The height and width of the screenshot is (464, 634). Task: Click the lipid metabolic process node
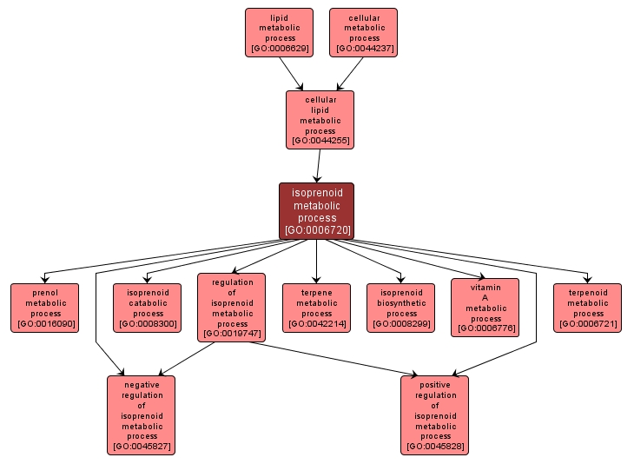[x=278, y=32]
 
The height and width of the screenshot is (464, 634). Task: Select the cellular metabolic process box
[x=363, y=32]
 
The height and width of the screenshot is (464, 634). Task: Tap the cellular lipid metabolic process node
[x=320, y=119]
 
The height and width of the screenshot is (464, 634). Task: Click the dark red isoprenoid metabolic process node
[x=316, y=210]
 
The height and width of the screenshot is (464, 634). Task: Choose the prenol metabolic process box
[x=45, y=308]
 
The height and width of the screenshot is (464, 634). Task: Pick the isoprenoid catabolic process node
[x=148, y=308]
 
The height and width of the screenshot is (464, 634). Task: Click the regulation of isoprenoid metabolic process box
[x=232, y=307]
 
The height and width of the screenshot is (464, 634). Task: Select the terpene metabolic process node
[x=316, y=308]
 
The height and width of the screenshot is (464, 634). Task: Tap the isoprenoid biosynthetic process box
[x=401, y=308]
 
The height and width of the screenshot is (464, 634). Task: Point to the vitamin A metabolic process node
[x=485, y=307]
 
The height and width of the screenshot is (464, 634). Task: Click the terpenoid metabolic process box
[x=588, y=308]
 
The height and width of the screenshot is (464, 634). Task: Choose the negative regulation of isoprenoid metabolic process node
[x=142, y=414]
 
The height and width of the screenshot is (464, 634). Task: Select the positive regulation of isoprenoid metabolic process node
[x=434, y=414]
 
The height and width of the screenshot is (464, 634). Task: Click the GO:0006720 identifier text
[x=316, y=230]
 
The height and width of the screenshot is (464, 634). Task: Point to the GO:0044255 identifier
[x=320, y=140]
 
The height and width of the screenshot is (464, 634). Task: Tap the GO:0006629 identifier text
[x=278, y=49]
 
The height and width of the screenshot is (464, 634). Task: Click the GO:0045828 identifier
[x=434, y=447]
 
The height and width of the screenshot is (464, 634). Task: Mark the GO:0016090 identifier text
[x=45, y=324]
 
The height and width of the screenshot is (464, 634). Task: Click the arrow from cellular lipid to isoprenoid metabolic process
[x=319, y=165]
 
